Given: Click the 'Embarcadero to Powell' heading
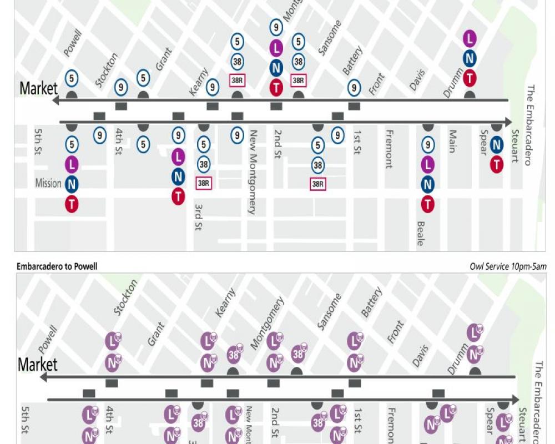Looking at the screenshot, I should [57, 266].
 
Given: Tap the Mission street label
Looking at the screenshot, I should [48, 183].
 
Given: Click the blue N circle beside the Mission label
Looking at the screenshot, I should [72, 184].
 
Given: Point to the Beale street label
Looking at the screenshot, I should [420, 233].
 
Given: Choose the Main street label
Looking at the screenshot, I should [452, 141].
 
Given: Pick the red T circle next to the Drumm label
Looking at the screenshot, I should [470, 78].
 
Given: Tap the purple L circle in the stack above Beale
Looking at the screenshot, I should [427, 165].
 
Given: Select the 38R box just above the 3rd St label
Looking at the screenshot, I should [204, 183].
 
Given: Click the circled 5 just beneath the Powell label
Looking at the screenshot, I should [72, 78].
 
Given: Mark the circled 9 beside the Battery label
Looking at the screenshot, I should [354, 87].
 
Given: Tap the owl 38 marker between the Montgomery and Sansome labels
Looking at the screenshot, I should [299, 353].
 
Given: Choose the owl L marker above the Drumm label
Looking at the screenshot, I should [474, 333].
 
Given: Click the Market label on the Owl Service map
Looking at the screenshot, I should [38, 365].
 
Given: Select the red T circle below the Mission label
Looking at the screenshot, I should [72, 204].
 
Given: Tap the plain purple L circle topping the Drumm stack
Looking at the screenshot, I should [470, 38].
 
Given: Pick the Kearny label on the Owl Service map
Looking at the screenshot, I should [225, 303].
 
